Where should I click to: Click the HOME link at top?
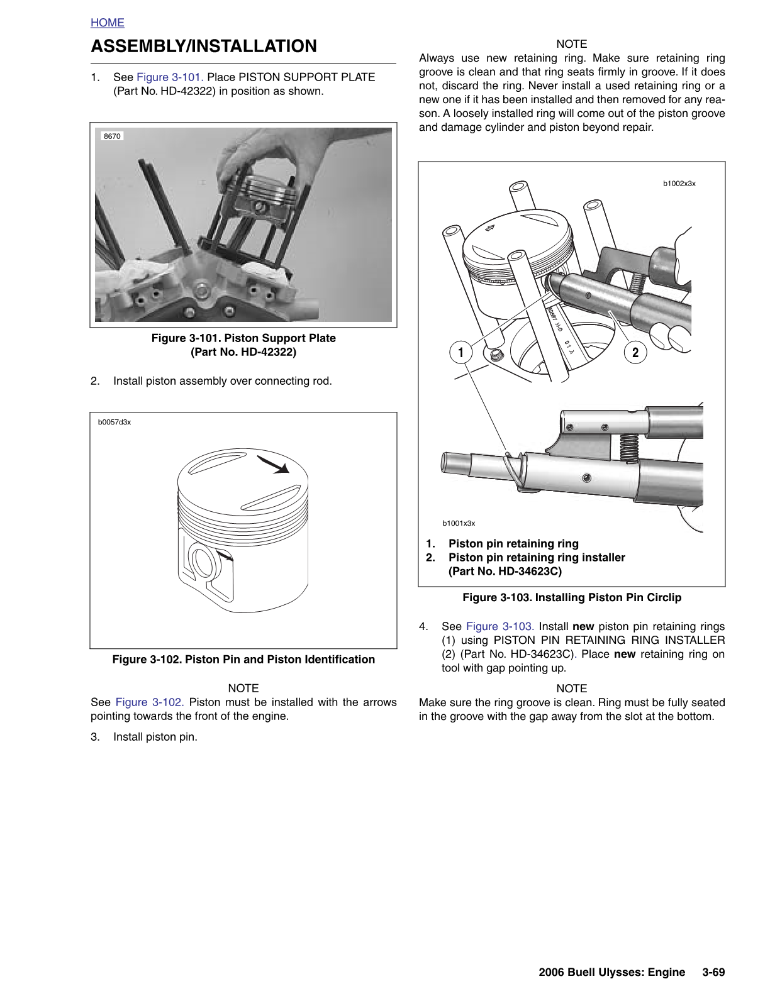[108, 23]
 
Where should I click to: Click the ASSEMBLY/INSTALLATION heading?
[204, 47]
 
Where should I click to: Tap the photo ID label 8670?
[112, 136]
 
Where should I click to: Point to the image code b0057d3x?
[114, 422]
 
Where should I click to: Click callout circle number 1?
[461, 352]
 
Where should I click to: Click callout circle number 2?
[635, 352]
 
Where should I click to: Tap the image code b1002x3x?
[679, 184]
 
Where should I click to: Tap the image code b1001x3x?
[459, 523]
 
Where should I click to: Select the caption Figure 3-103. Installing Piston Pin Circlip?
[572, 597]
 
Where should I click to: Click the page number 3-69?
[714, 972]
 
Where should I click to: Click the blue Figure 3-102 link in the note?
[150, 702]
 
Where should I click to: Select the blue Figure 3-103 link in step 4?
[500, 626]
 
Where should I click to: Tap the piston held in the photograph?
[261, 196]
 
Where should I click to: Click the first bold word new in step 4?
[583, 626]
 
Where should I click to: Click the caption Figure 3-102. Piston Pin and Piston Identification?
[243, 659]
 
